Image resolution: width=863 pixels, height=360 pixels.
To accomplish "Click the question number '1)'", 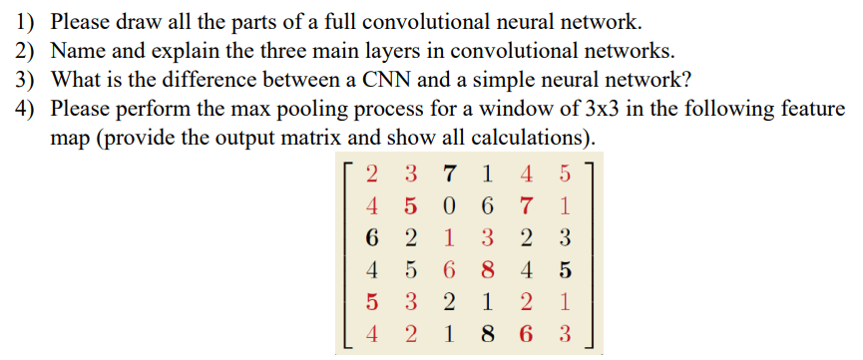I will tap(25, 20).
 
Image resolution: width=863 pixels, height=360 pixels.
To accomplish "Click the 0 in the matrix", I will tap(449, 209).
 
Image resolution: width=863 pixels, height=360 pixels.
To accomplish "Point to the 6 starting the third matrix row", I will tap(372, 239).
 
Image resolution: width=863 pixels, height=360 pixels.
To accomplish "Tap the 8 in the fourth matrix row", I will tap(486, 270).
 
